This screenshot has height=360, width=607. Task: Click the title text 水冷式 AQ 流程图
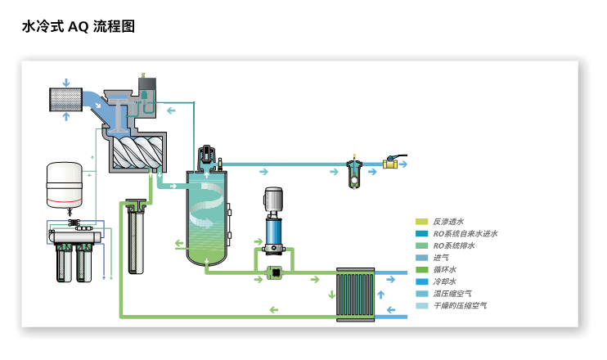(79, 27)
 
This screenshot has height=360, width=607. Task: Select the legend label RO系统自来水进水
(465, 233)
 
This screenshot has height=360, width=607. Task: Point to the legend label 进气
(441, 258)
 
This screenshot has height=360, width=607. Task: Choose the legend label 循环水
(444, 269)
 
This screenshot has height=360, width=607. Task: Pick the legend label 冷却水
(444, 281)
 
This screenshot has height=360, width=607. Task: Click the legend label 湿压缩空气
(452, 294)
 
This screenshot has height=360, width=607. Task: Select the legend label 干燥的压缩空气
(460, 306)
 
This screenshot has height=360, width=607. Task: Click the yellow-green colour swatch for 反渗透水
(421, 221)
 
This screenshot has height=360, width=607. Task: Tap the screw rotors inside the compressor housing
(135, 152)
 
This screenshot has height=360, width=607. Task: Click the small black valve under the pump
(276, 272)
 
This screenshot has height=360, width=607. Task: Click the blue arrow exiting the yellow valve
(403, 163)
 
